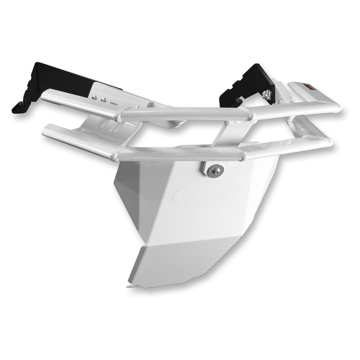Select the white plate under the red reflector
302,94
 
